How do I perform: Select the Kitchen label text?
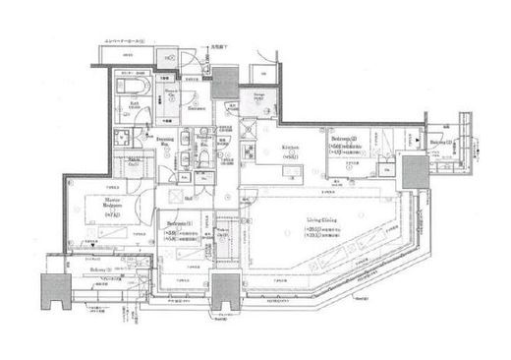click(x=290, y=149)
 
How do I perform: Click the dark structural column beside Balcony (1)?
click(x=50, y=289)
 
